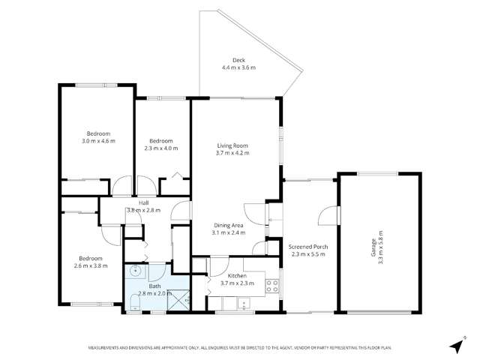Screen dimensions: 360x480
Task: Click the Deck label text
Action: click(x=238, y=60)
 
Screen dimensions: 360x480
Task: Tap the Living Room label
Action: click(x=232, y=145)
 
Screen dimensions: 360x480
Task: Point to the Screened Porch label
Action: click(x=309, y=246)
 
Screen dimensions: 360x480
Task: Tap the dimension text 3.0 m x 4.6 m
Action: click(x=98, y=140)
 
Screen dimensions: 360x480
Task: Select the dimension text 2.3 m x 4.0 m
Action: click(x=161, y=148)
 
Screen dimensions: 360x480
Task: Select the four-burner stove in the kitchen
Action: click(x=273, y=285)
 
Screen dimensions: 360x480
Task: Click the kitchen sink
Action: click(x=241, y=303)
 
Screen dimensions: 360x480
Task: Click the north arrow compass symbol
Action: click(x=455, y=344)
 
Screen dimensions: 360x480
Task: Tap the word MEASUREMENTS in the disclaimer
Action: click(x=106, y=348)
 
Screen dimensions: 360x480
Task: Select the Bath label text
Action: click(x=154, y=286)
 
